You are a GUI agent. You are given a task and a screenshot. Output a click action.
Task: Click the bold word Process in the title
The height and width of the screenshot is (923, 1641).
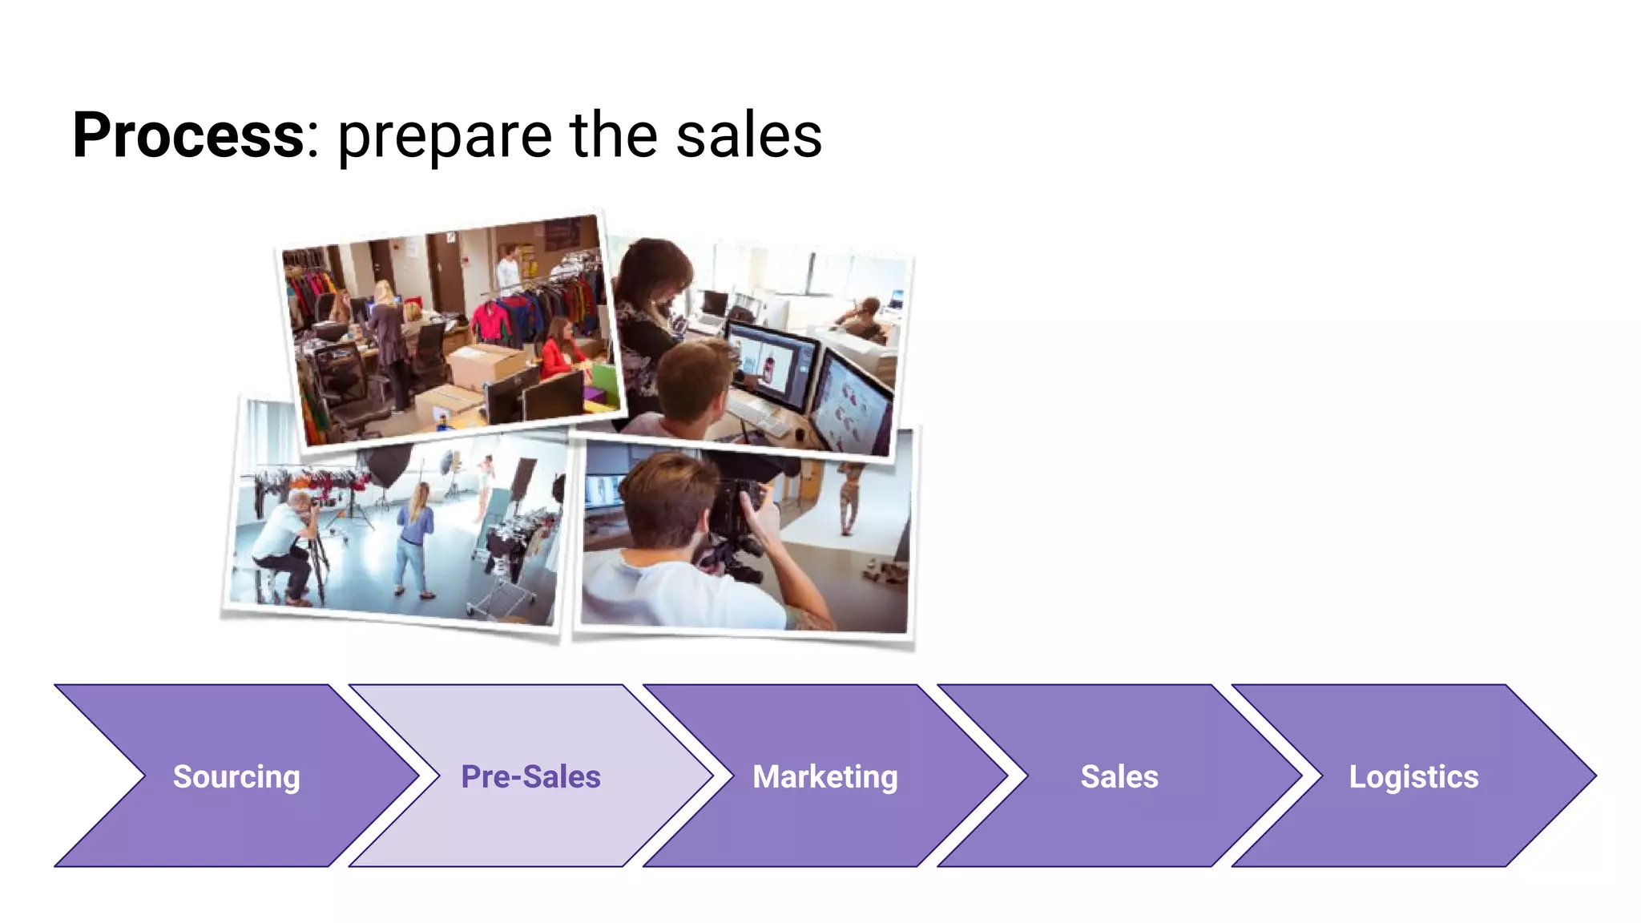[188, 136]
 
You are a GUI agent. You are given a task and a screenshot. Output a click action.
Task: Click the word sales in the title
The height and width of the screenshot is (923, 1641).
[748, 136]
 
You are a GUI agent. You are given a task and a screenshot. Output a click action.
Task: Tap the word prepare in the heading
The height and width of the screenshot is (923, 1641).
[445, 138]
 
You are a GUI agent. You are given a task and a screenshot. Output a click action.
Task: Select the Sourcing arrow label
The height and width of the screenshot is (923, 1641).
[236, 776]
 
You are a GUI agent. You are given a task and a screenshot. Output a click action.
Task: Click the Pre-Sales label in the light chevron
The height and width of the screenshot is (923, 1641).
[530, 776]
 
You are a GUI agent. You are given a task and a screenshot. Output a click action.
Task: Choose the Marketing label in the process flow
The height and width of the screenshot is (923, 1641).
[825, 776]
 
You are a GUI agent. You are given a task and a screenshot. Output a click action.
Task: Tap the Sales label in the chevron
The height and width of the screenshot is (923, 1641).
[1119, 776]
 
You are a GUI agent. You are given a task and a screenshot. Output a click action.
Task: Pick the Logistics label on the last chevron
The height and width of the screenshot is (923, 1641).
[1413, 776]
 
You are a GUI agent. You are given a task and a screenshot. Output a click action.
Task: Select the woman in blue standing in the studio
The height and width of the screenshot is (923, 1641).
[415, 541]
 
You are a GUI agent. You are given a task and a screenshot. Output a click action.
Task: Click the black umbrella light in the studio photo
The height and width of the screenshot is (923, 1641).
[386, 465]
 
